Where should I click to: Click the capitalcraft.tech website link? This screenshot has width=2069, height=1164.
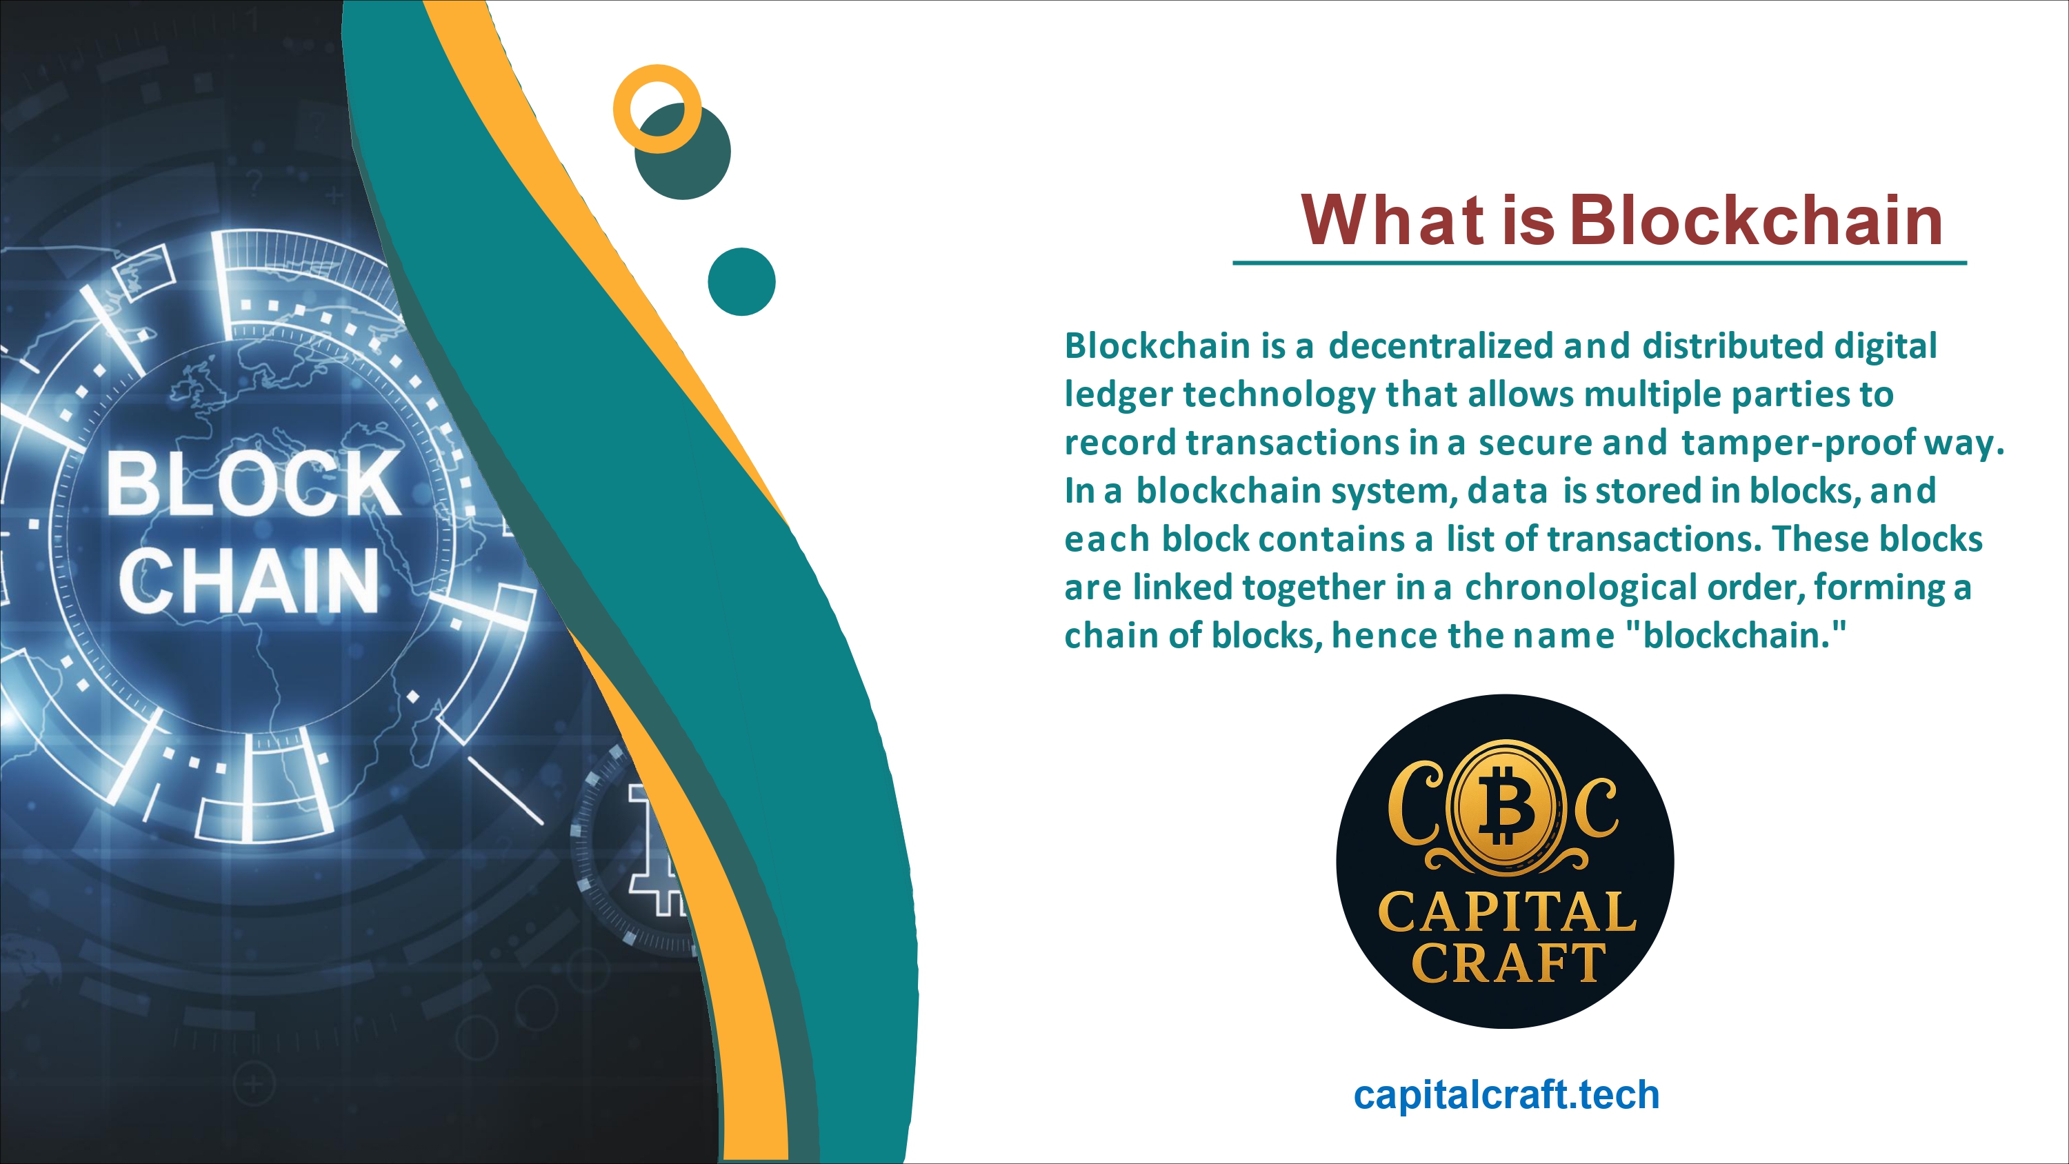[1506, 1094]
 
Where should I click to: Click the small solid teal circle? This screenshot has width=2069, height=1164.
[741, 281]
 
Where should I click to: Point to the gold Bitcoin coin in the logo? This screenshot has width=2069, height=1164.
[1506, 807]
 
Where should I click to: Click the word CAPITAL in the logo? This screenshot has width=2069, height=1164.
[1507, 912]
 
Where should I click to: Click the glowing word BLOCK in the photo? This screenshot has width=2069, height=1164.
[253, 483]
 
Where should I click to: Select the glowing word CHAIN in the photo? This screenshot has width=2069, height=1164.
[249, 580]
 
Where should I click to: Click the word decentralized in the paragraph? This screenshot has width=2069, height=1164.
[1441, 346]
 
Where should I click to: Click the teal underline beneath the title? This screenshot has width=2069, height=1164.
[1600, 263]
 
